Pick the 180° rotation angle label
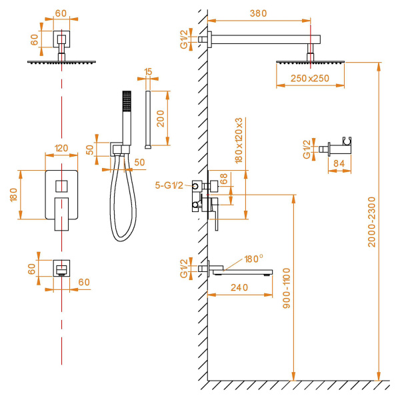click(253, 259)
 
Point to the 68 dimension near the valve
click(226, 179)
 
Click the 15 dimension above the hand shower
click(148, 71)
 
